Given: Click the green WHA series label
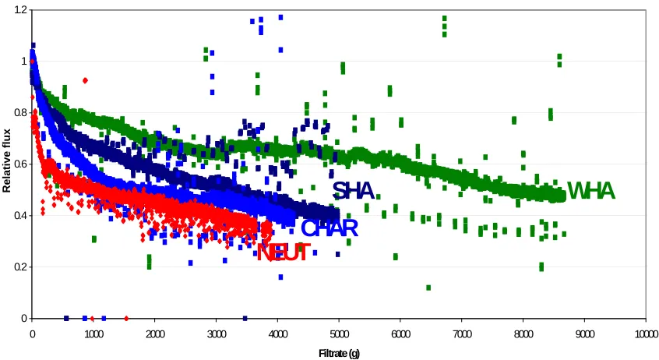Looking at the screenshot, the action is click(591, 192).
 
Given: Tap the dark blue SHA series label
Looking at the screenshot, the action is click(353, 191).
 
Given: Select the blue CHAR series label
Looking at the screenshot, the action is click(329, 228).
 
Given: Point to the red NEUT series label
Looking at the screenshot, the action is click(284, 252).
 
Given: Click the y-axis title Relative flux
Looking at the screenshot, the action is click(6, 161).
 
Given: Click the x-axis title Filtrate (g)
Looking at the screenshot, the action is click(339, 353).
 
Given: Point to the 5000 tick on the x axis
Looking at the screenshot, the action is click(339, 334).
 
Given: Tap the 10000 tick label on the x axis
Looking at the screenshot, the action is click(646, 334).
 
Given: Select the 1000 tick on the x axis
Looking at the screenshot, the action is click(93, 334).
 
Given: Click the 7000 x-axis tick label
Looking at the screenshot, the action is click(462, 334).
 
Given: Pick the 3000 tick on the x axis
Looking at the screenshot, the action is click(216, 334).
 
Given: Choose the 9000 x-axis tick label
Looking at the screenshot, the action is click(585, 334).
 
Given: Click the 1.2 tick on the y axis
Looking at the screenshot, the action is click(20, 9).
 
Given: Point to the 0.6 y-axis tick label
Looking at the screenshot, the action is click(20, 164).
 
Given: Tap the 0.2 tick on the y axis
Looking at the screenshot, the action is click(20, 267).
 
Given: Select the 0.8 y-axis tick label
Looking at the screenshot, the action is click(20, 113).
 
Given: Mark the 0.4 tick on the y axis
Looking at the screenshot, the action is click(20, 215).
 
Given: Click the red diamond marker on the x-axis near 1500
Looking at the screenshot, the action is click(126, 319).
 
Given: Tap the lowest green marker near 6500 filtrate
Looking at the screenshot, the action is click(428, 288).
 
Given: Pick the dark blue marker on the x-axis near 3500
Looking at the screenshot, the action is click(245, 319).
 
